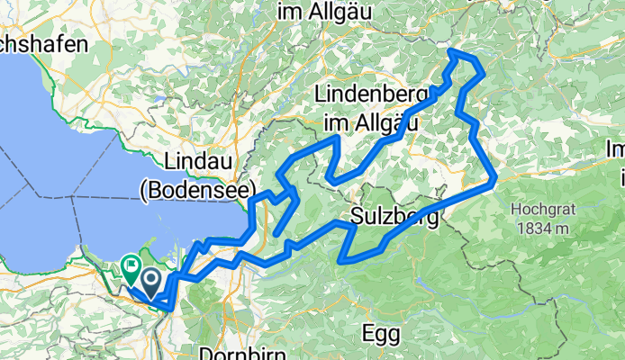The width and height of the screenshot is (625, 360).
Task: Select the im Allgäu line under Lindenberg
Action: [x=371, y=120]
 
